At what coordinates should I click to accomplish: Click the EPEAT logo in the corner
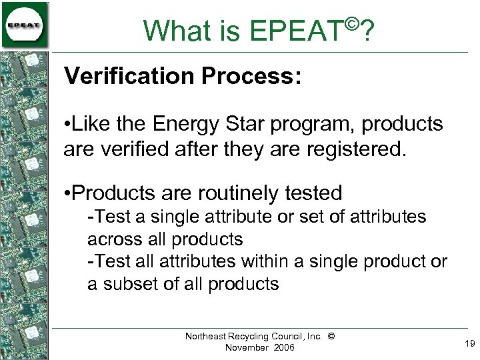point(25,25)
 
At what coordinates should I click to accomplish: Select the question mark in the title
point(366,31)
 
